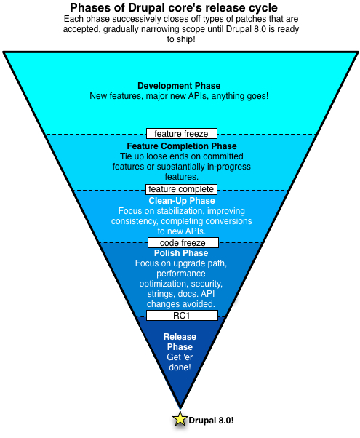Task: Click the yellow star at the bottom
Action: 180,418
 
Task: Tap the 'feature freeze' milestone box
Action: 182,133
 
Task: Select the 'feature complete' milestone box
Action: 182,189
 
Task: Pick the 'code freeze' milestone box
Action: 182,242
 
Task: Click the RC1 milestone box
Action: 182,315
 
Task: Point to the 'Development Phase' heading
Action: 179,85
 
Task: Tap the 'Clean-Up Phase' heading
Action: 182,200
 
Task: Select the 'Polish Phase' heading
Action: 182,253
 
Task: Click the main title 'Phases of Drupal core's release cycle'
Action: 179,8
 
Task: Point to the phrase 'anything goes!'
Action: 239,96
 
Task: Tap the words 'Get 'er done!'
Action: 179,362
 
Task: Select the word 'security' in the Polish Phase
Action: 207,284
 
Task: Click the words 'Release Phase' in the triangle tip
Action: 179,342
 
